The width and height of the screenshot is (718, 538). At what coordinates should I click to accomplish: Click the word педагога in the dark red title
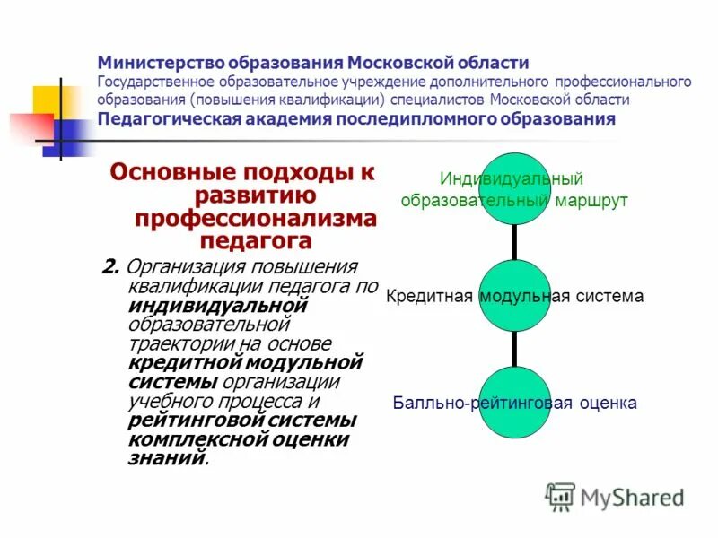tap(255, 239)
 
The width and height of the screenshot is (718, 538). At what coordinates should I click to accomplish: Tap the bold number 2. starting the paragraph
tap(111, 267)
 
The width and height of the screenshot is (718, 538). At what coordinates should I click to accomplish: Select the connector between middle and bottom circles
tap(515, 348)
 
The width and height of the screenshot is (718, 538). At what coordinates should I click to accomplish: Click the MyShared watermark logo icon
tap(561, 496)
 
